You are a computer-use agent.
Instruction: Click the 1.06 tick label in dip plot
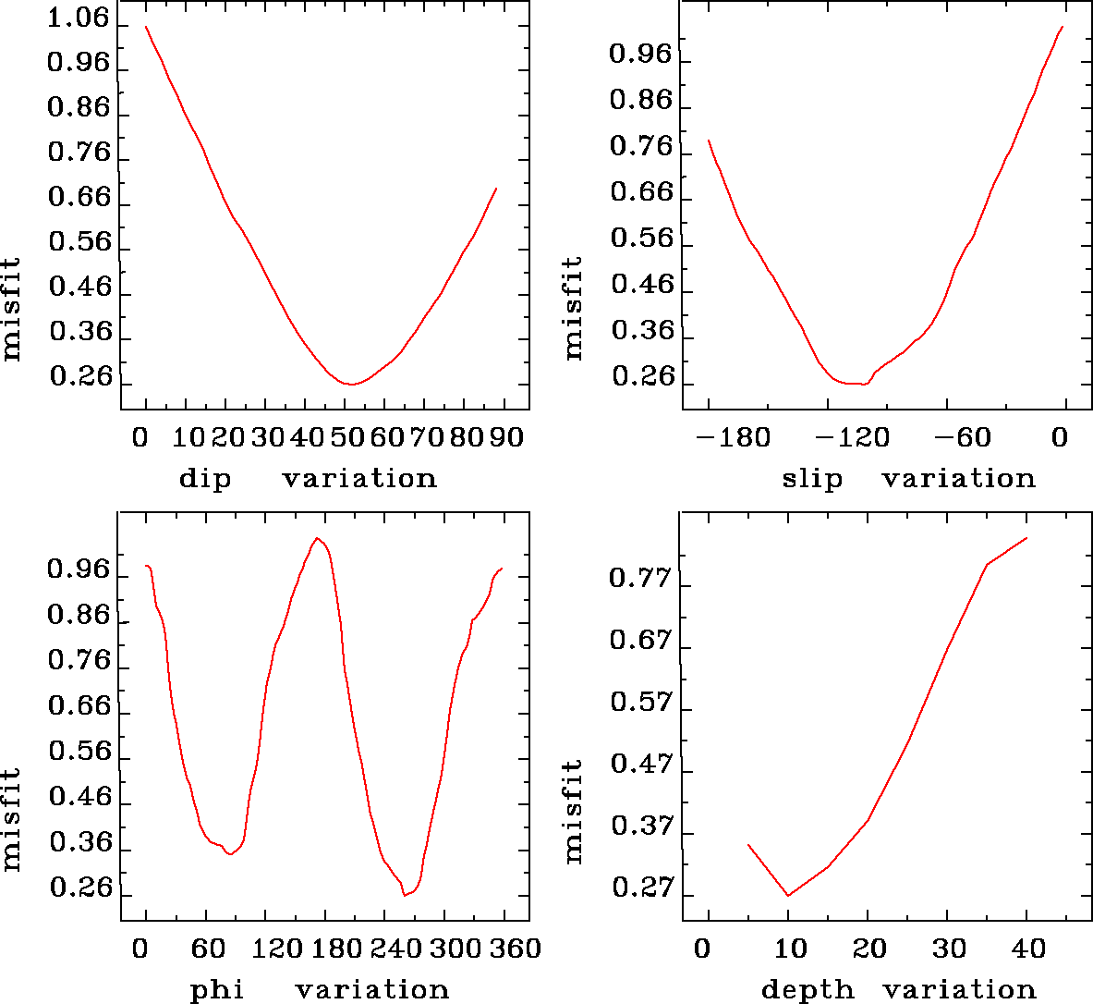[78, 19]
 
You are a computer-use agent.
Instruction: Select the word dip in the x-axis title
[205, 479]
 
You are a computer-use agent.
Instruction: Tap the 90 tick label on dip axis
[506, 436]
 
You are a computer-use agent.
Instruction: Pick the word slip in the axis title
[812, 479]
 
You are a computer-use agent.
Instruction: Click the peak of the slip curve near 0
[1063, 27]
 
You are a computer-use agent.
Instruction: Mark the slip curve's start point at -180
[709, 141]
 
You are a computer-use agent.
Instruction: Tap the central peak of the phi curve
[317, 538]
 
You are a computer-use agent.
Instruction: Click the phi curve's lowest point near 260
[405, 895]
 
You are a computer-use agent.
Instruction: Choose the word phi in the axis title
[217, 991]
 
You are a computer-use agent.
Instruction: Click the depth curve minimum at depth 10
[788, 895]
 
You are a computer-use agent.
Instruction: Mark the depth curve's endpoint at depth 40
[1026, 538]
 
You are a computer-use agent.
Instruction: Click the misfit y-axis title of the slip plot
[574, 308]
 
